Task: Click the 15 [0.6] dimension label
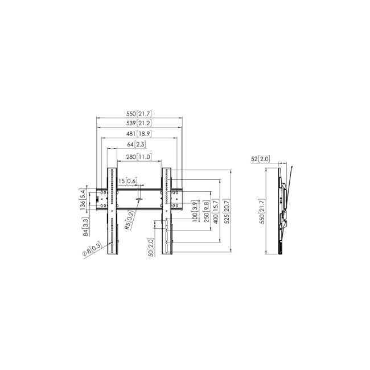pos(128,181)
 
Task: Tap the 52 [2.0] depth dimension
pos(261,159)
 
